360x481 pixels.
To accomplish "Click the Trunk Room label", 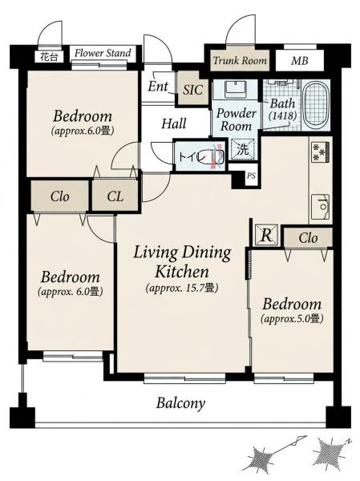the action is pos(240,60).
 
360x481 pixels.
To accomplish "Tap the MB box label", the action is pos(300,61).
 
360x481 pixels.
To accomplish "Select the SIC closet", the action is pos(193,89).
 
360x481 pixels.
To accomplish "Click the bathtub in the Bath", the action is pos(316,104).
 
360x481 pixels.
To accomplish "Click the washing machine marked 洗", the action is pos(243,149).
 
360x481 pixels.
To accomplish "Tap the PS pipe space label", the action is pos(251,176).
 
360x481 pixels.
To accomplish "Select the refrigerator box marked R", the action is pos(266,235).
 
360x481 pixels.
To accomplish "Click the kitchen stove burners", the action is pos(321,152).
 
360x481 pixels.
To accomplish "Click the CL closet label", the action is pos(115,196).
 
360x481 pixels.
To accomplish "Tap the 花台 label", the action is pos(48,57).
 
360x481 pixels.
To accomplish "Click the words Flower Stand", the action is pos(103,53).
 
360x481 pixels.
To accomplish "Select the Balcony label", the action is pos(180,403).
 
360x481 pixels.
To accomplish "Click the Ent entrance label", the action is pos(158,87).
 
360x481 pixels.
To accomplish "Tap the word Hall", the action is pos(174,123).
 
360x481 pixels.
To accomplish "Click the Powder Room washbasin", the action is pos(236,89).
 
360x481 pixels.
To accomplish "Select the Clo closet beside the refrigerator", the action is pos(308,237).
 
